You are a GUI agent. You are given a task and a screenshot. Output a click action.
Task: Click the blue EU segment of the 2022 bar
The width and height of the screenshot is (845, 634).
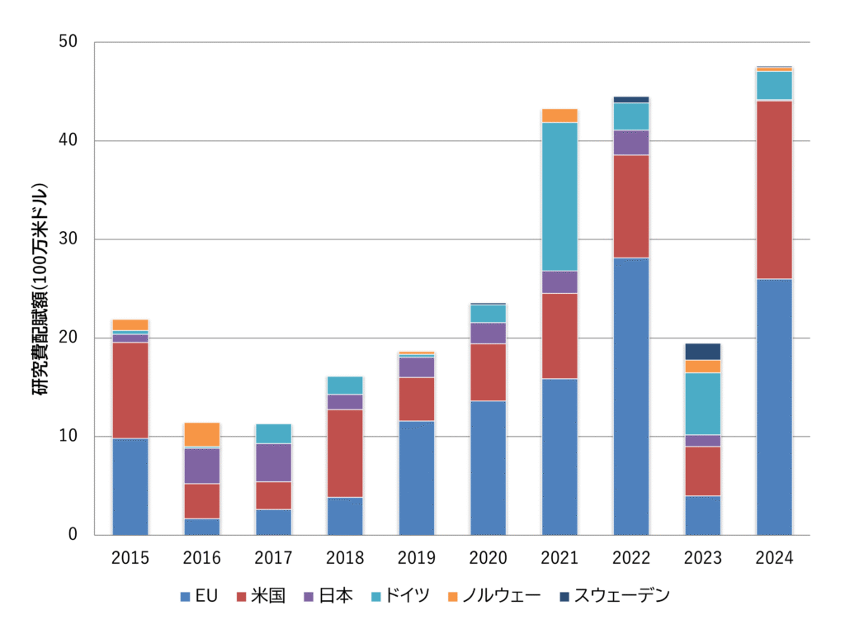tap(631, 396)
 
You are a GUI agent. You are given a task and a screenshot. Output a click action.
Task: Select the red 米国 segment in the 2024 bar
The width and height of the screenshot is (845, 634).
tap(774, 190)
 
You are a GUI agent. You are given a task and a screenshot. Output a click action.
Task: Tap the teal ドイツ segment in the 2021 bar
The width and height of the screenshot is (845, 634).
tap(559, 196)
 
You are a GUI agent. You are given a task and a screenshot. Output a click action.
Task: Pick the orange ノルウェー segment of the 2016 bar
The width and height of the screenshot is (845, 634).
tap(202, 434)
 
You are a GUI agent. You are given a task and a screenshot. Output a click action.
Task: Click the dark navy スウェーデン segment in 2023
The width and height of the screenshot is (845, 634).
tap(702, 352)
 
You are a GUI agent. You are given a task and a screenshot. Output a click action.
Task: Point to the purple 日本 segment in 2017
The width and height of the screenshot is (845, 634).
tap(274, 462)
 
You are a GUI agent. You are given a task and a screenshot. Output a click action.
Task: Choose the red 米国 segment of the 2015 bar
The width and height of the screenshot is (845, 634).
tap(130, 390)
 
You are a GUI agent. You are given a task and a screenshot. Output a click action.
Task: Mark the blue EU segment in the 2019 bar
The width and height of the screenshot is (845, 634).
tap(417, 478)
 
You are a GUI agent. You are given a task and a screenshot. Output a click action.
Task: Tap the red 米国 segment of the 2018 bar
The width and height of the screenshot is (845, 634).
tap(345, 453)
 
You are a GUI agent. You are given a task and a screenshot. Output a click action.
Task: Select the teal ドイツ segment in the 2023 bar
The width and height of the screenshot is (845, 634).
tap(702, 404)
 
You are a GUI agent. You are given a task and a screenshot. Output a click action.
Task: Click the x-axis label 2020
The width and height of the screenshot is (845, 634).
tap(488, 558)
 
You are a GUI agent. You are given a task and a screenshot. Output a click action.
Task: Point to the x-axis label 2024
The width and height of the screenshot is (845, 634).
tap(774, 558)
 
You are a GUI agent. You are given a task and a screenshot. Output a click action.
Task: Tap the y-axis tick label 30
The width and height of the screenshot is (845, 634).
tap(68, 239)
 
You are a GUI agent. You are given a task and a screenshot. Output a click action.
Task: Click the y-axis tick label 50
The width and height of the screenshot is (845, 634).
tap(68, 42)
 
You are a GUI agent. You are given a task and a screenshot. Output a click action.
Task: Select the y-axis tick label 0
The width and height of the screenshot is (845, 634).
tap(73, 535)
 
